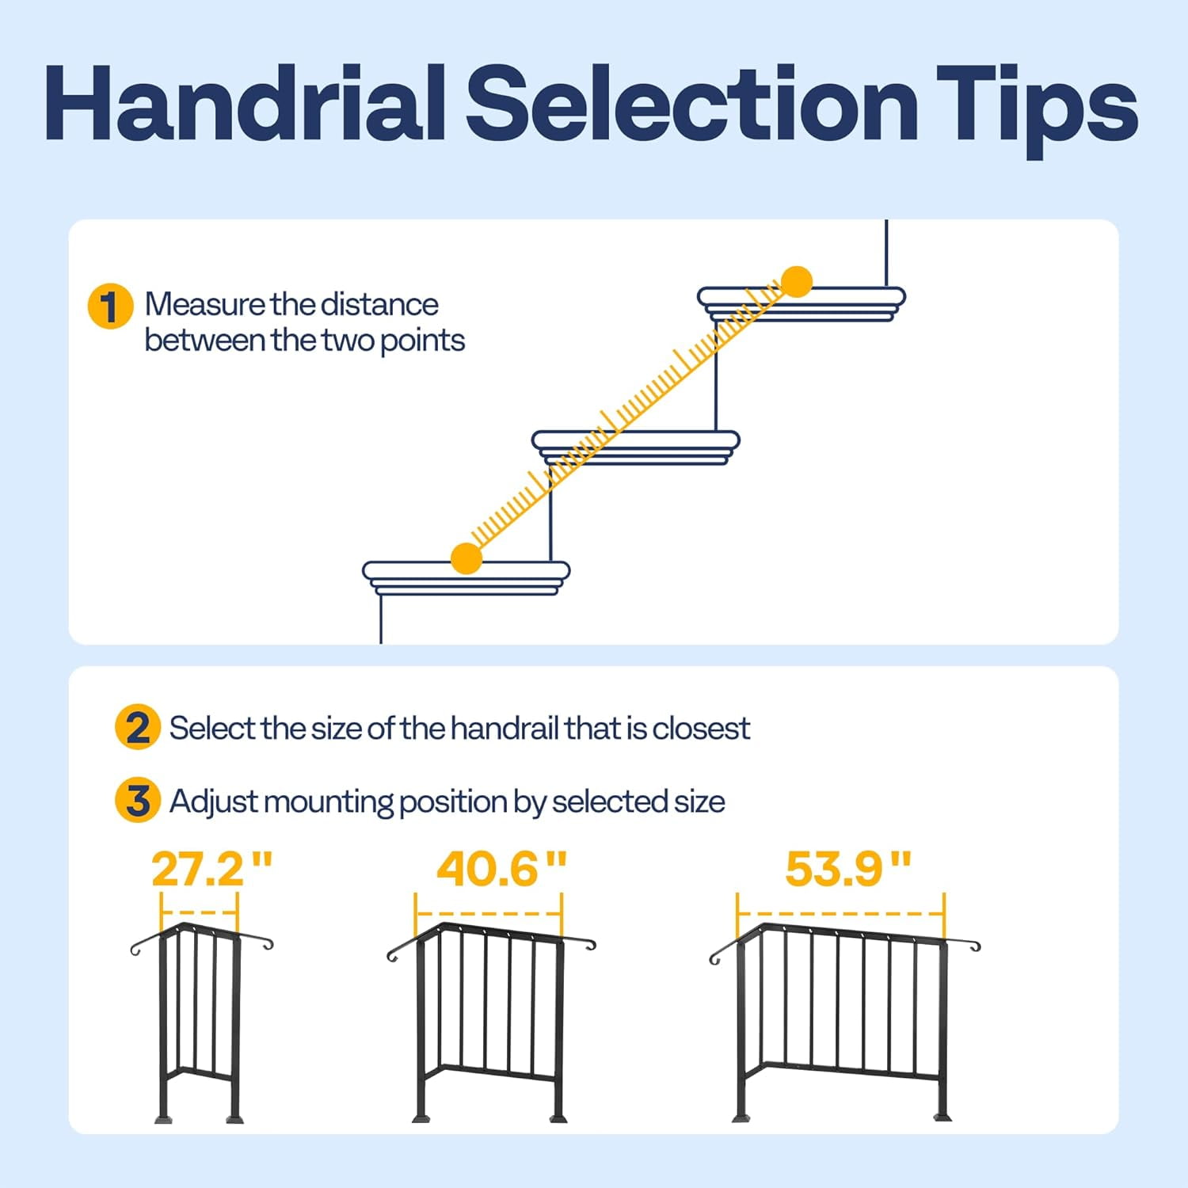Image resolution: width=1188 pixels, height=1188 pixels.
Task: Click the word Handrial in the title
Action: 245,104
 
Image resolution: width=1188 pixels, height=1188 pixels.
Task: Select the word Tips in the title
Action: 1038,111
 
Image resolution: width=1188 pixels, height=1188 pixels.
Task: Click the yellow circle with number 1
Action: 110,307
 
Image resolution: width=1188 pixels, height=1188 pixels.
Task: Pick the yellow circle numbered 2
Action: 137,727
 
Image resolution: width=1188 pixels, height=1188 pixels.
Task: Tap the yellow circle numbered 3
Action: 137,800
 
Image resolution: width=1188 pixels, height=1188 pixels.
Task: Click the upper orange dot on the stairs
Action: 797,281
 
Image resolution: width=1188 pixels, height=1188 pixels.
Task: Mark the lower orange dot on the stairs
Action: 466,558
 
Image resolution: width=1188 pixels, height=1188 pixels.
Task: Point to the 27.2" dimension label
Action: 212,869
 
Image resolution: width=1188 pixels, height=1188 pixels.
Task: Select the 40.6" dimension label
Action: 502,869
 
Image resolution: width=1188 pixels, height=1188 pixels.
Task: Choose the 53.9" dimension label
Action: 848,869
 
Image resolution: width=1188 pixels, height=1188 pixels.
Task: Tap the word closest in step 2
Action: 701,728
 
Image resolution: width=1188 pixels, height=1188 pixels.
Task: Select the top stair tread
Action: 802,303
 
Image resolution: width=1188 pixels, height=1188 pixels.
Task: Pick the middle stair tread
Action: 636,447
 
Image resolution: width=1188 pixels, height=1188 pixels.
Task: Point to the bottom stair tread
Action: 466,578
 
